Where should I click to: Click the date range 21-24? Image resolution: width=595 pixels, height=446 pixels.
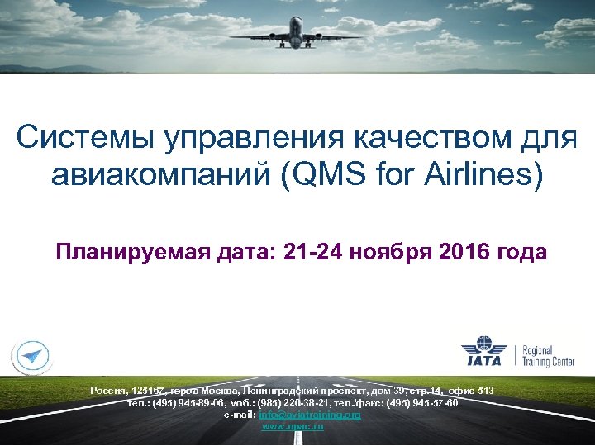(297, 251)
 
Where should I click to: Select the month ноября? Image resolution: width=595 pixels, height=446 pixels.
(383, 251)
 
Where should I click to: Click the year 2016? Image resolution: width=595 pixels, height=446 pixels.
(464, 251)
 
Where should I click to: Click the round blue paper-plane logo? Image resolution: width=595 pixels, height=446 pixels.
(31, 356)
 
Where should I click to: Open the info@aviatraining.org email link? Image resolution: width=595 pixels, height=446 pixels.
(310, 415)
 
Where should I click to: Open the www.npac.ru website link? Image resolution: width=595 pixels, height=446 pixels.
(293, 426)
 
